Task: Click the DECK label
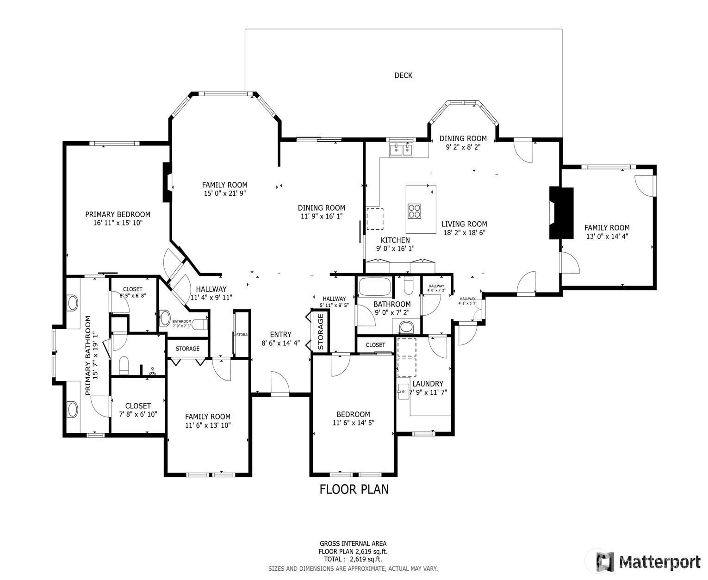click(x=403, y=75)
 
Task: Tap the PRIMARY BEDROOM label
click(x=118, y=214)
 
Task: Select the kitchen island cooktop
click(x=415, y=211)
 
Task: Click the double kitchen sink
click(x=402, y=150)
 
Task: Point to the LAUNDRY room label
click(x=428, y=384)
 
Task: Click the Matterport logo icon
click(x=605, y=561)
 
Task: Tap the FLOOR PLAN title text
click(x=354, y=489)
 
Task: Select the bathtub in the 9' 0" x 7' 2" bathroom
click(x=374, y=287)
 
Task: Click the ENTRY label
click(x=281, y=335)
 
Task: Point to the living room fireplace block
click(x=561, y=213)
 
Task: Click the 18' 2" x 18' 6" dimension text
click(x=464, y=233)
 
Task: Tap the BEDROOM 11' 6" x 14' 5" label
click(x=353, y=414)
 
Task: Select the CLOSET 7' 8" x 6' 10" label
click(x=138, y=406)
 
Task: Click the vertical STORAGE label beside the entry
click(x=321, y=332)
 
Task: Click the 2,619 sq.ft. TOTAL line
click(x=353, y=559)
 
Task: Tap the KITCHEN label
click(x=395, y=240)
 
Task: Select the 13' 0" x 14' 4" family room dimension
click(x=607, y=236)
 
